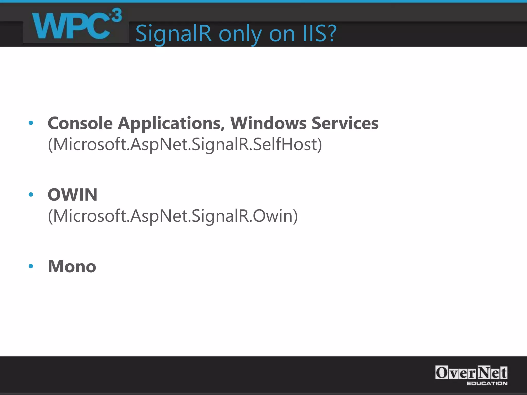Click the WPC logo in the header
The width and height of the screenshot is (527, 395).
click(76, 26)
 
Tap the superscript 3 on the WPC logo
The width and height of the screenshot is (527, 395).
click(116, 15)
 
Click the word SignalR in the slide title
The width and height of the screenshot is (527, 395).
click(173, 33)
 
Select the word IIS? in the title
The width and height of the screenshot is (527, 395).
click(319, 33)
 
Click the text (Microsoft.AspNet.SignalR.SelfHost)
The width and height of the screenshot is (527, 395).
click(185, 144)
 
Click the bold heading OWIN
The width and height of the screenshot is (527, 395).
click(73, 195)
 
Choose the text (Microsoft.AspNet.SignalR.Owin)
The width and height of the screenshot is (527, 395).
click(173, 216)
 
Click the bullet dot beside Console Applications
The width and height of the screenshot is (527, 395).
click(31, 123)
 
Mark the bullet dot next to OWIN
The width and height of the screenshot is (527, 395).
click(31, 195)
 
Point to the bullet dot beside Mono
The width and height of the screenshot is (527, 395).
click(31, 266)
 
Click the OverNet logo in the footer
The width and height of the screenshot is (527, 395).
click(471, 373)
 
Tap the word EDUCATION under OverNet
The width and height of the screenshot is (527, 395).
click(487, 383)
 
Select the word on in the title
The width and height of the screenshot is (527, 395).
click(282, 34)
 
